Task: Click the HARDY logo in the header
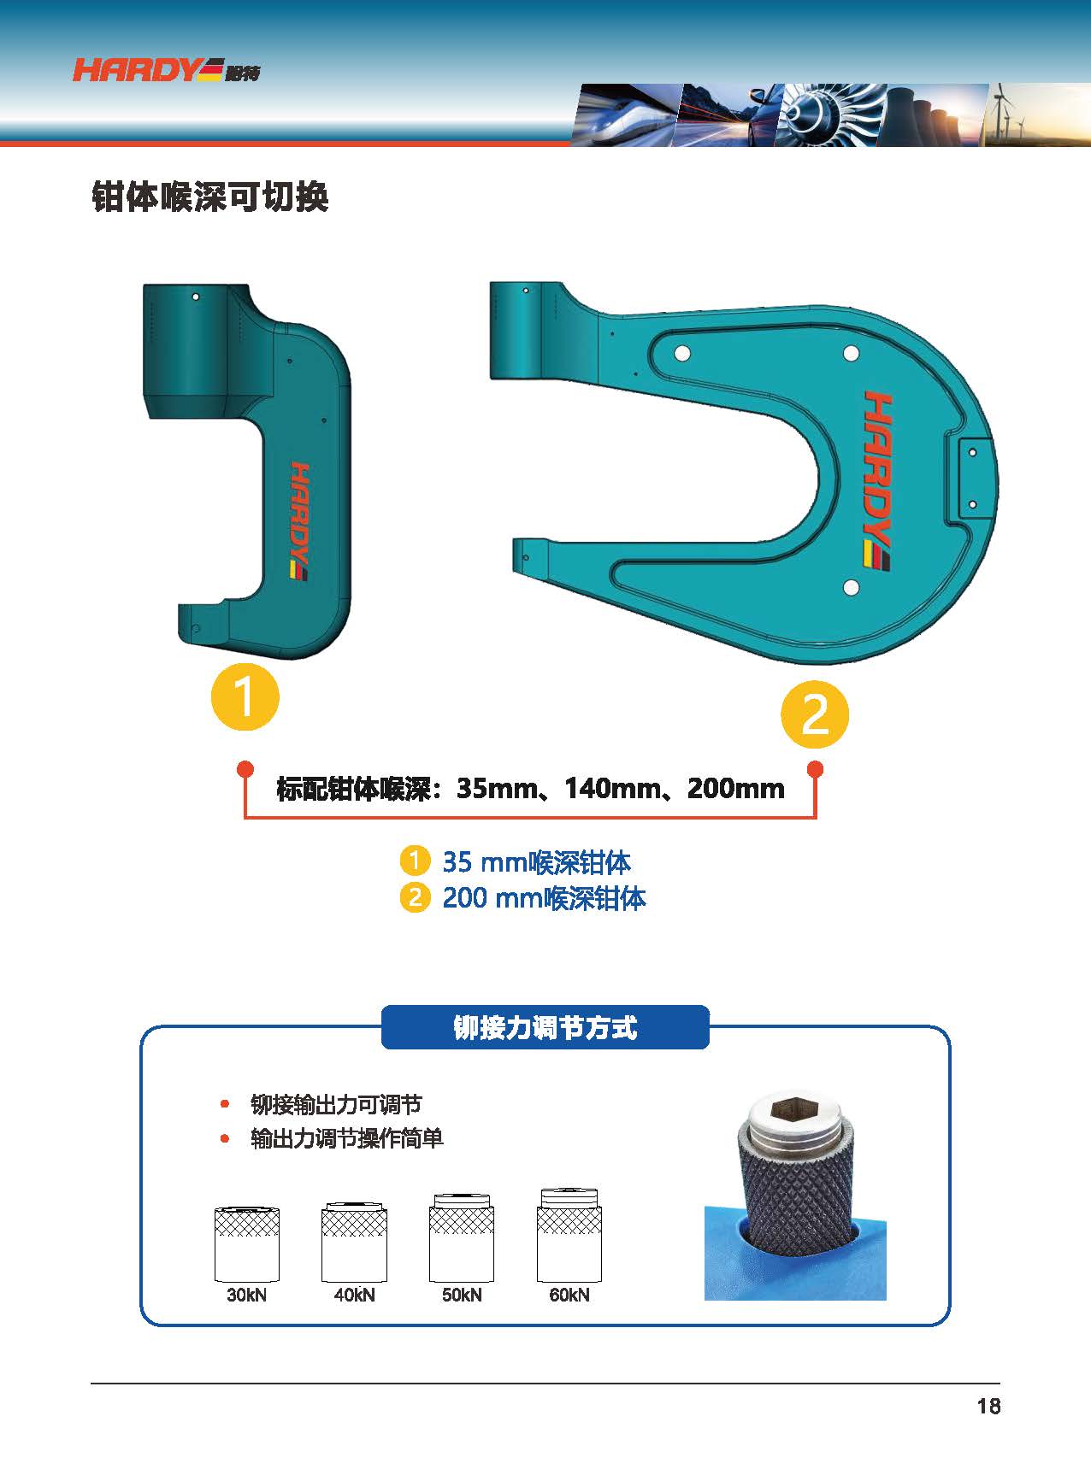coord(166,69)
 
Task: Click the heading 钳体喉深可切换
coord(210,197)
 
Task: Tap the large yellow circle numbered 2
coord(815,714)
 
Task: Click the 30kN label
coord(246,1295)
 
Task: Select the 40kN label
coord(354,1295)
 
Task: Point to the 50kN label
coord(462,1295)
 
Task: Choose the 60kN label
coord(569,1295)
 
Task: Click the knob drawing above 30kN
coord(246,1243)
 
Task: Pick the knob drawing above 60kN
coord(569,1235)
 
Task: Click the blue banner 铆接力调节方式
coord(545,1027)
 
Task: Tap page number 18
coord(988,1407)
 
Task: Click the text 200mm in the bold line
coord(736,788)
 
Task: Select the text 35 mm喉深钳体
coord(536,862)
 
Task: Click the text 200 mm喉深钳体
coord(544,898)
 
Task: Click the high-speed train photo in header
coord(627,114)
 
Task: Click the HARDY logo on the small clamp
coord(298,521)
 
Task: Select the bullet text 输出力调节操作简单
coord(347,1139)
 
